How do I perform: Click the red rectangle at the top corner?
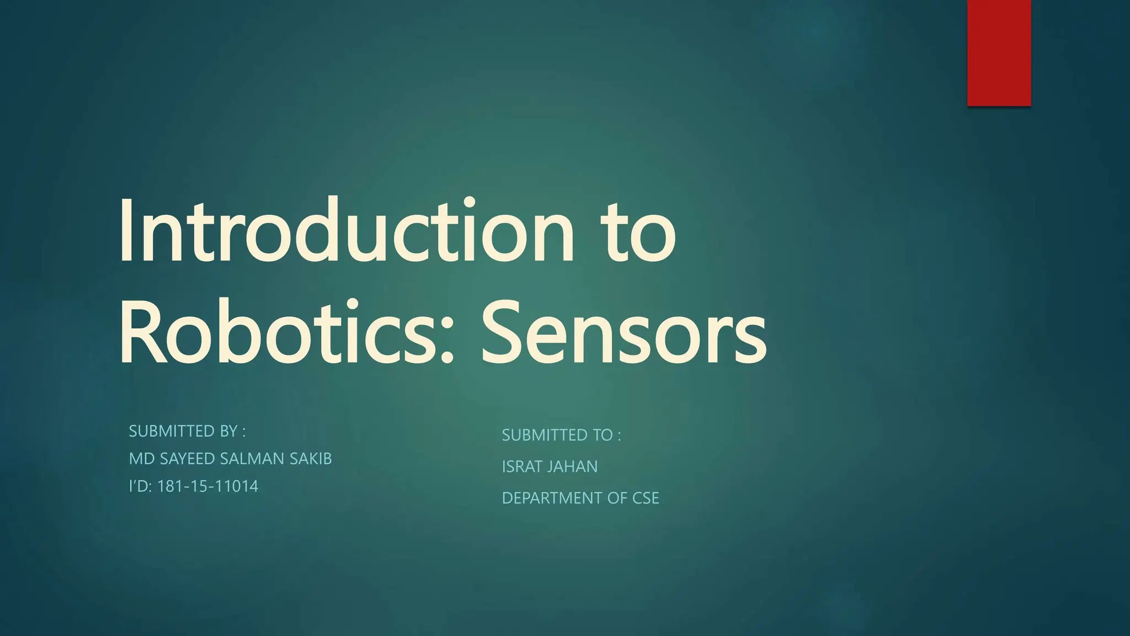999,52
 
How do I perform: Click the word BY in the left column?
228,431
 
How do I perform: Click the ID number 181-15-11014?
207,486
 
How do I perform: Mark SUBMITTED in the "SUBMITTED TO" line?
545,436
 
